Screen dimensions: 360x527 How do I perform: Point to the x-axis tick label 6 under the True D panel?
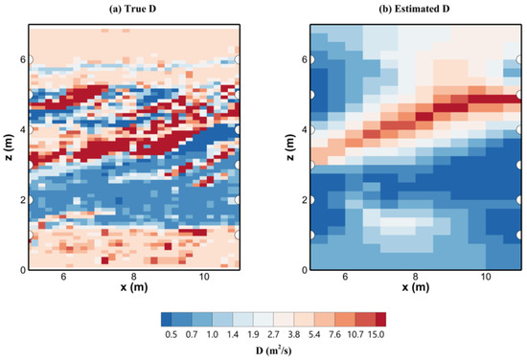(x=63, y=278)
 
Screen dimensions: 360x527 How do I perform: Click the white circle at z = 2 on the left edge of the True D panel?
(x=29, y=200)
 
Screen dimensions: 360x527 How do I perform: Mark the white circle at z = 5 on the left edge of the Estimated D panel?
(x=310, y=95)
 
